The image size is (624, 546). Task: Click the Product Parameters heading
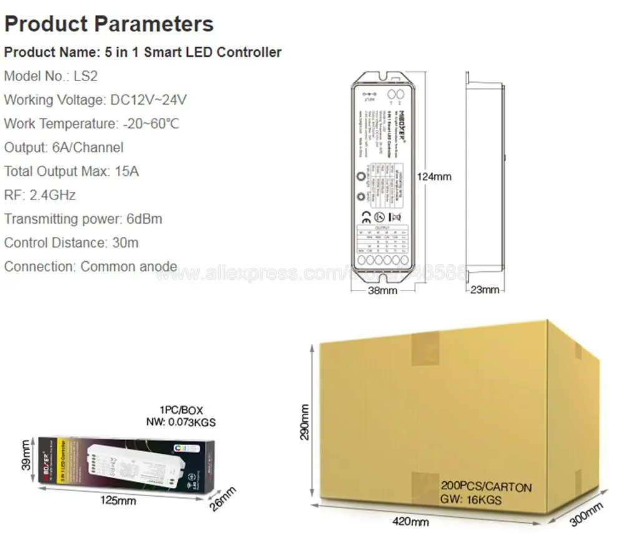109,24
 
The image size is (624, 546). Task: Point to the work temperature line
92,123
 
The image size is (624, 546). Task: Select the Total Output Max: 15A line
71,171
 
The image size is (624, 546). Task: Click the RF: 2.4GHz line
40,195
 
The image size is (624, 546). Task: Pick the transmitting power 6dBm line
83,219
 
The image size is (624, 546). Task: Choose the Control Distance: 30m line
71,242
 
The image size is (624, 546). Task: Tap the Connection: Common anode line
90,266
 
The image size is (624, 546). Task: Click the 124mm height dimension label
434,176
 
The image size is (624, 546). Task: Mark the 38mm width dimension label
382,290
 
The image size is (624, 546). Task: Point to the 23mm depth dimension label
484,290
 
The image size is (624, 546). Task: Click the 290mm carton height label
305,422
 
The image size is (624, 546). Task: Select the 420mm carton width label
410,521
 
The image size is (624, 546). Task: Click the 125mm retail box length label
118,500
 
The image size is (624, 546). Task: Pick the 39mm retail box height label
25,456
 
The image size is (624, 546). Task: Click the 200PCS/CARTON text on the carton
486,486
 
